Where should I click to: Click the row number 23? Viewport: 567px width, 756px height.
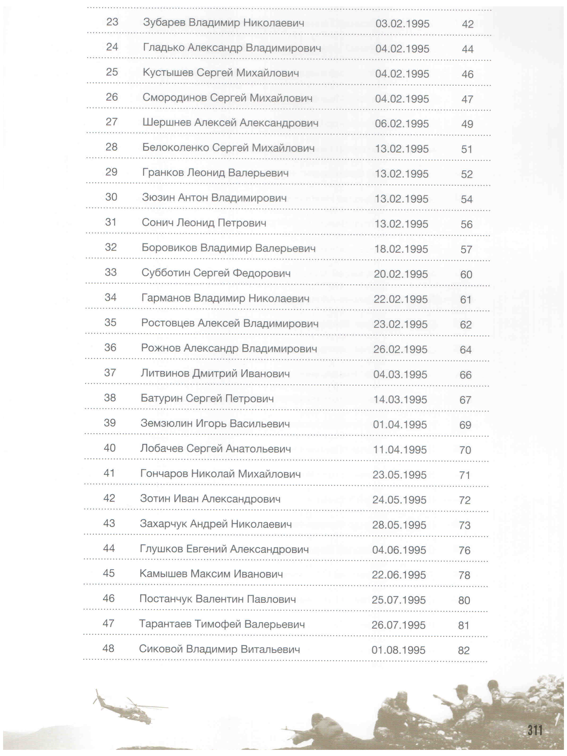tap(112, 22)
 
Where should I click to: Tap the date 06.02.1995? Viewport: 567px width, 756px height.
tap(402, 124)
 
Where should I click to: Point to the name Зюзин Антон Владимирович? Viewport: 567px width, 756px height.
tap(214, 198)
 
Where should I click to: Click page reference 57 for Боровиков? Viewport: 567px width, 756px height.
tap(466, 249)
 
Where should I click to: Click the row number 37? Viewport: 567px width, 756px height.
tap(110, 373)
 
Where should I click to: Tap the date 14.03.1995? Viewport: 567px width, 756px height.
tap(400, 399)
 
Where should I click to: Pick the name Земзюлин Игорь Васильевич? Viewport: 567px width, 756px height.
tap(215, 424)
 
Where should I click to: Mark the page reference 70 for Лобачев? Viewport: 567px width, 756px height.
tap(465, 450)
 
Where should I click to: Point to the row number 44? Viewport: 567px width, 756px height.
tap(109, 548)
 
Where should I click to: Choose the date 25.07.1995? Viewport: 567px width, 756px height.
tap(399, 600)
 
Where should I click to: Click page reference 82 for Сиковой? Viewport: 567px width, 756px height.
tap(464, 650)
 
